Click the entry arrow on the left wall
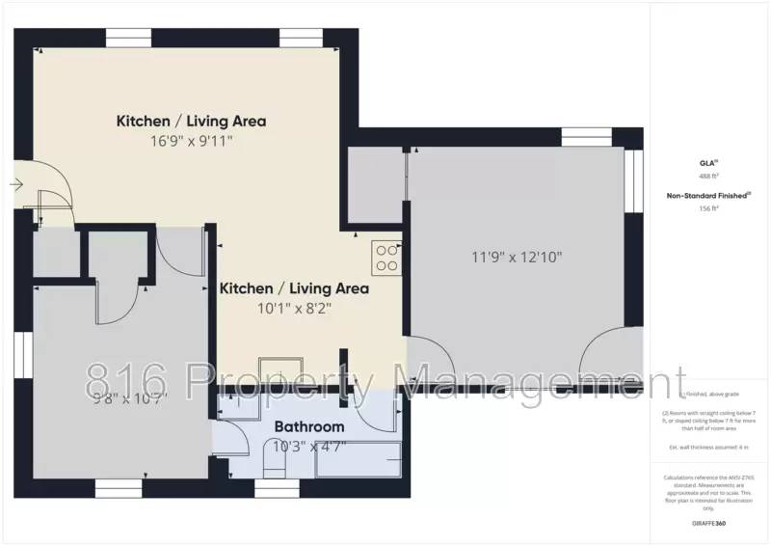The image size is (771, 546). tap(17, 184)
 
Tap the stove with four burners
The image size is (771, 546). tap(387, 258)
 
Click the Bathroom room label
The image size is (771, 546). tap(309, 426)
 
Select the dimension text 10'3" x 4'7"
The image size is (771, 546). tap(309, 446)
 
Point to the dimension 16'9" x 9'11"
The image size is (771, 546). tap(192, 141)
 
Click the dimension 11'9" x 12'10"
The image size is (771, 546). tap(517, 257)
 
